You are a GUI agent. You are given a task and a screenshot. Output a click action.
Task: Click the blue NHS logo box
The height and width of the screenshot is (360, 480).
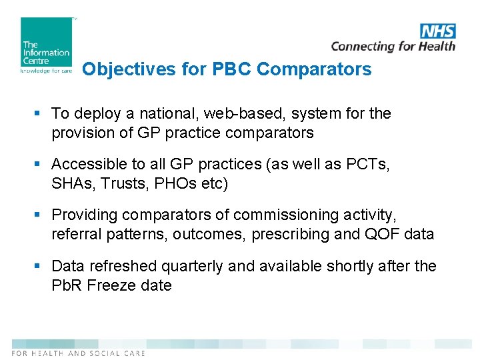(438, 31)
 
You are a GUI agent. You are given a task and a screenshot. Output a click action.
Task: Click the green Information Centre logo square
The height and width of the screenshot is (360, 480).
(46, 41)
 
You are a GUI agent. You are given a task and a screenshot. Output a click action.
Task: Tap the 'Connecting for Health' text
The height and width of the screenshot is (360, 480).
(393, 46)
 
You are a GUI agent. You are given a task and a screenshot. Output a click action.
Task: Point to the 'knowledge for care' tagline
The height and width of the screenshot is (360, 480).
(46, 70)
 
